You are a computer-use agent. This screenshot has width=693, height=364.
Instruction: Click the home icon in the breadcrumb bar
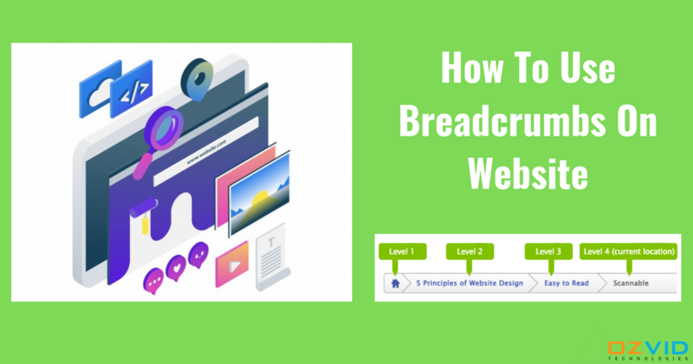point(395,283)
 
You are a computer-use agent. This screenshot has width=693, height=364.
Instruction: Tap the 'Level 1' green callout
point(401,251)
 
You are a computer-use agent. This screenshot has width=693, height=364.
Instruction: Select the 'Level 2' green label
point(469,251)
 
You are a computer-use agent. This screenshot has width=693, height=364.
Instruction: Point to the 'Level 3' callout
point(547,251)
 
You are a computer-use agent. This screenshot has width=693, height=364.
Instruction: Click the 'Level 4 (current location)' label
point(628,251)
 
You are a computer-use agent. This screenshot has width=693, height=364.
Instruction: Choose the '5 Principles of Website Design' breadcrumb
point(469,283)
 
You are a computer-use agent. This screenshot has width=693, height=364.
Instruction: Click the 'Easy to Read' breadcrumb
point(567,283)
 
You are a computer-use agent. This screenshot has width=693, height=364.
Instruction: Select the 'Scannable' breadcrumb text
point(631,283)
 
